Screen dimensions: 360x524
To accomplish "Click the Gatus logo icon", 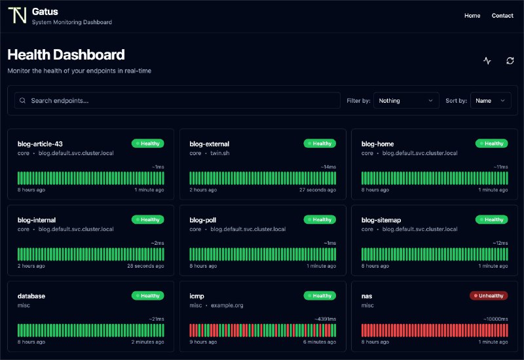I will point(17,16).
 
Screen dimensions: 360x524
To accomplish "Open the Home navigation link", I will point(472,16).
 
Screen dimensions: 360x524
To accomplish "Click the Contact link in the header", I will point(502,16).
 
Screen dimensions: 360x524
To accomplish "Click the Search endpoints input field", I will point(177,101).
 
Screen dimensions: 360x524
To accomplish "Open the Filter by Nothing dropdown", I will point(406,101).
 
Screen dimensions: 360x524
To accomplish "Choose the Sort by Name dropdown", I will point(491,101).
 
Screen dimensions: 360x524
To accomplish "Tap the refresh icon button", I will point(510,61).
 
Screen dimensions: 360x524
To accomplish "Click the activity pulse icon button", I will point(487,61).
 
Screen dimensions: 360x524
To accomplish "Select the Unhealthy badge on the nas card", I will point(489,296).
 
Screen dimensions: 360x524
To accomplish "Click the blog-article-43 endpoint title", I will point(40,144).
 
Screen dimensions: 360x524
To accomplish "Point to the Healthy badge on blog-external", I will point(320,143).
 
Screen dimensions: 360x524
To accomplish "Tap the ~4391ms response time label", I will point(324,319).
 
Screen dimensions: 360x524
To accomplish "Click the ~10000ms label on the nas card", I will point(495,319).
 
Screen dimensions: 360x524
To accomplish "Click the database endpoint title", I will point(31,296).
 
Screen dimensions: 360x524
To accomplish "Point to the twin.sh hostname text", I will point(220,153).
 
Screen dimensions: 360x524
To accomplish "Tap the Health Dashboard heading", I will point(66,55).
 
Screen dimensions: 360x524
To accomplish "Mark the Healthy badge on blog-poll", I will point(320,220).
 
